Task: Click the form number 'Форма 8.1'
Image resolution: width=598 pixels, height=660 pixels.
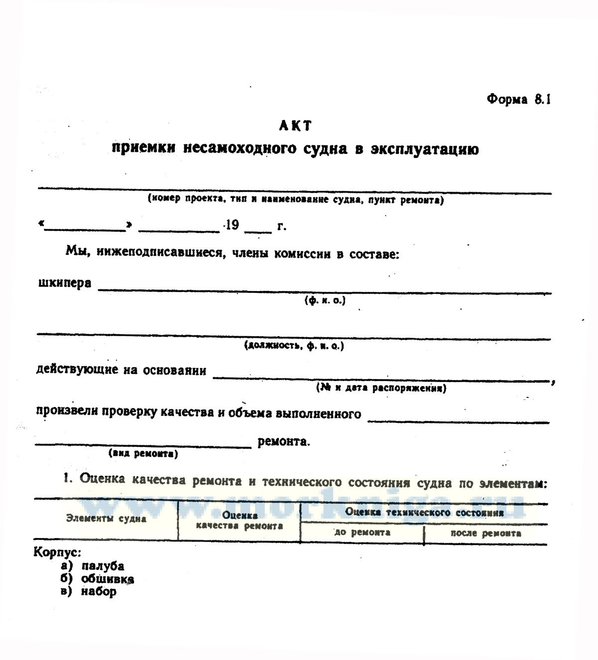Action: [x=518, y=99]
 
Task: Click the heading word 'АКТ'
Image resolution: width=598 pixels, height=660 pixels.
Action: [x=295, y=126]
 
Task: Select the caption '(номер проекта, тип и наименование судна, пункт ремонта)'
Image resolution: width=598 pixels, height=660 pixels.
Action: [x=296, y=199]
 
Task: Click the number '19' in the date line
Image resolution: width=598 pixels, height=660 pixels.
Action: [x=232, y=225]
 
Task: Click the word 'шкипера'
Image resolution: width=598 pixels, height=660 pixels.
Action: [x=64, y=283]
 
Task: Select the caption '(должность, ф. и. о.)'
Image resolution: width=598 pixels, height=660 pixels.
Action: [x=294, y=345]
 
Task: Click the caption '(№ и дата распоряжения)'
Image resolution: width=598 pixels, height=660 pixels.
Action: [x=381, y=388]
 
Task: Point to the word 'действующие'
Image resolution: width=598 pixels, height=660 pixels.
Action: [x=78, y=370]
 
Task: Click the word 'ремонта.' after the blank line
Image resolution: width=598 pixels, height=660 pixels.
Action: [x=284, y=441]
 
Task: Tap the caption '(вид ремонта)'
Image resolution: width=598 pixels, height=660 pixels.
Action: [x=143, y=454]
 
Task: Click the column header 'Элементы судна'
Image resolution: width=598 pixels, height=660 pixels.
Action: [x=106, y=518]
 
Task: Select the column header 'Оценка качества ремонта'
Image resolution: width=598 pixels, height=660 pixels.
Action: [x=240, y=521]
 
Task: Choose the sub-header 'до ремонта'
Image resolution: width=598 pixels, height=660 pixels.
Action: [x=362, y=532]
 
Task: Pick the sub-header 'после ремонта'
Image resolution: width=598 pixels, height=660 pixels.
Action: [x=486, y=533]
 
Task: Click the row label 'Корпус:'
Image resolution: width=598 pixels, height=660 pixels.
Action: [x=57, y=552]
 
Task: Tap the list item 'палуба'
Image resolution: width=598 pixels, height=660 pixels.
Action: [x=103, y=566]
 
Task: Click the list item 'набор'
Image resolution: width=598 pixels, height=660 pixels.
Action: [x=99, y=592]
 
